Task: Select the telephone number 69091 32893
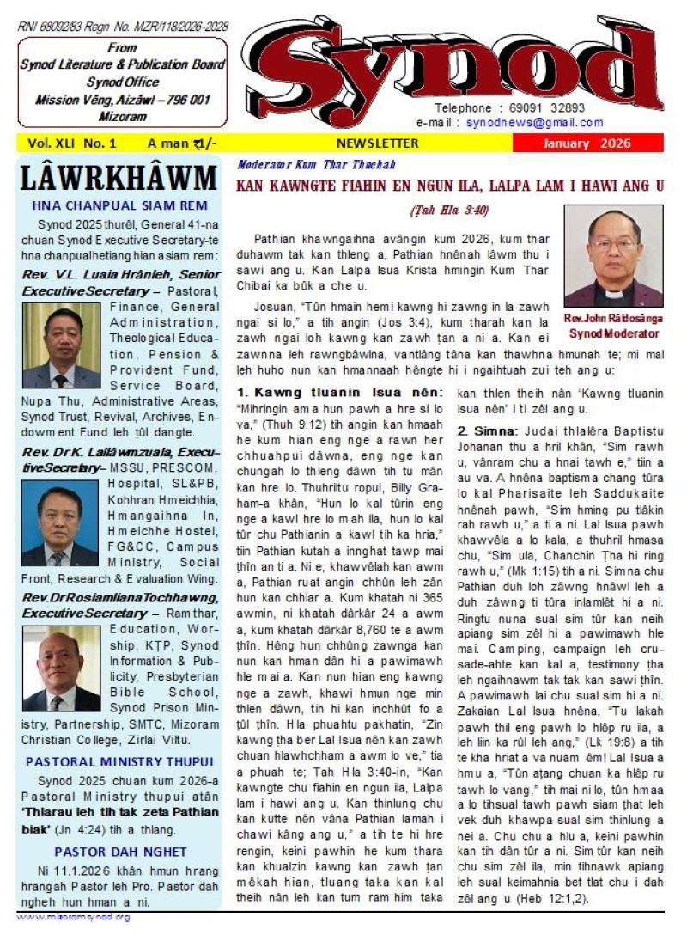pyautogui.click(x=545, y=108)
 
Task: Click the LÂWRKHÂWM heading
pyautogui.click(x=119, y=178)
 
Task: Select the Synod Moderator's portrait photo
pyautogui.click(x=612, y=256)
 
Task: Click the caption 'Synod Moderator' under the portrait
pyautogui.click(x=614, y=333)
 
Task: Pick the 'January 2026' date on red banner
pyautogui.click(x=587, y=143)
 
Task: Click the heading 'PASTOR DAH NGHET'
pyautogui.click(x=119, y=852)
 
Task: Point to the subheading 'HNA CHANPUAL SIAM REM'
pyautogui.click(x=119, y=205)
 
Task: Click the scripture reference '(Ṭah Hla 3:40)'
pyautogui.click(x=447, y=210)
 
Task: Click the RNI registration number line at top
pyautogui.click(x=123, y=27)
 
